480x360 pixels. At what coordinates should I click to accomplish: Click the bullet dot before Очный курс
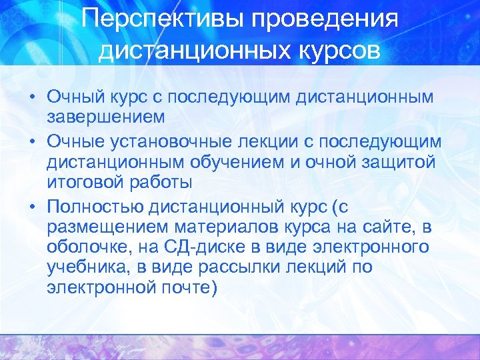(x=32, y=97)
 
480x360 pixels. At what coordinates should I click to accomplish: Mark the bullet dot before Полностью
(x=32, y=204)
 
